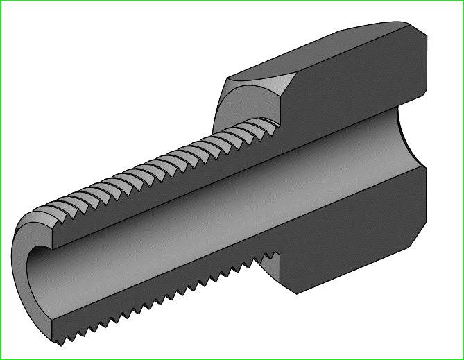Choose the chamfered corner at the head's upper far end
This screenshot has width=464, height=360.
click(420, 31)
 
